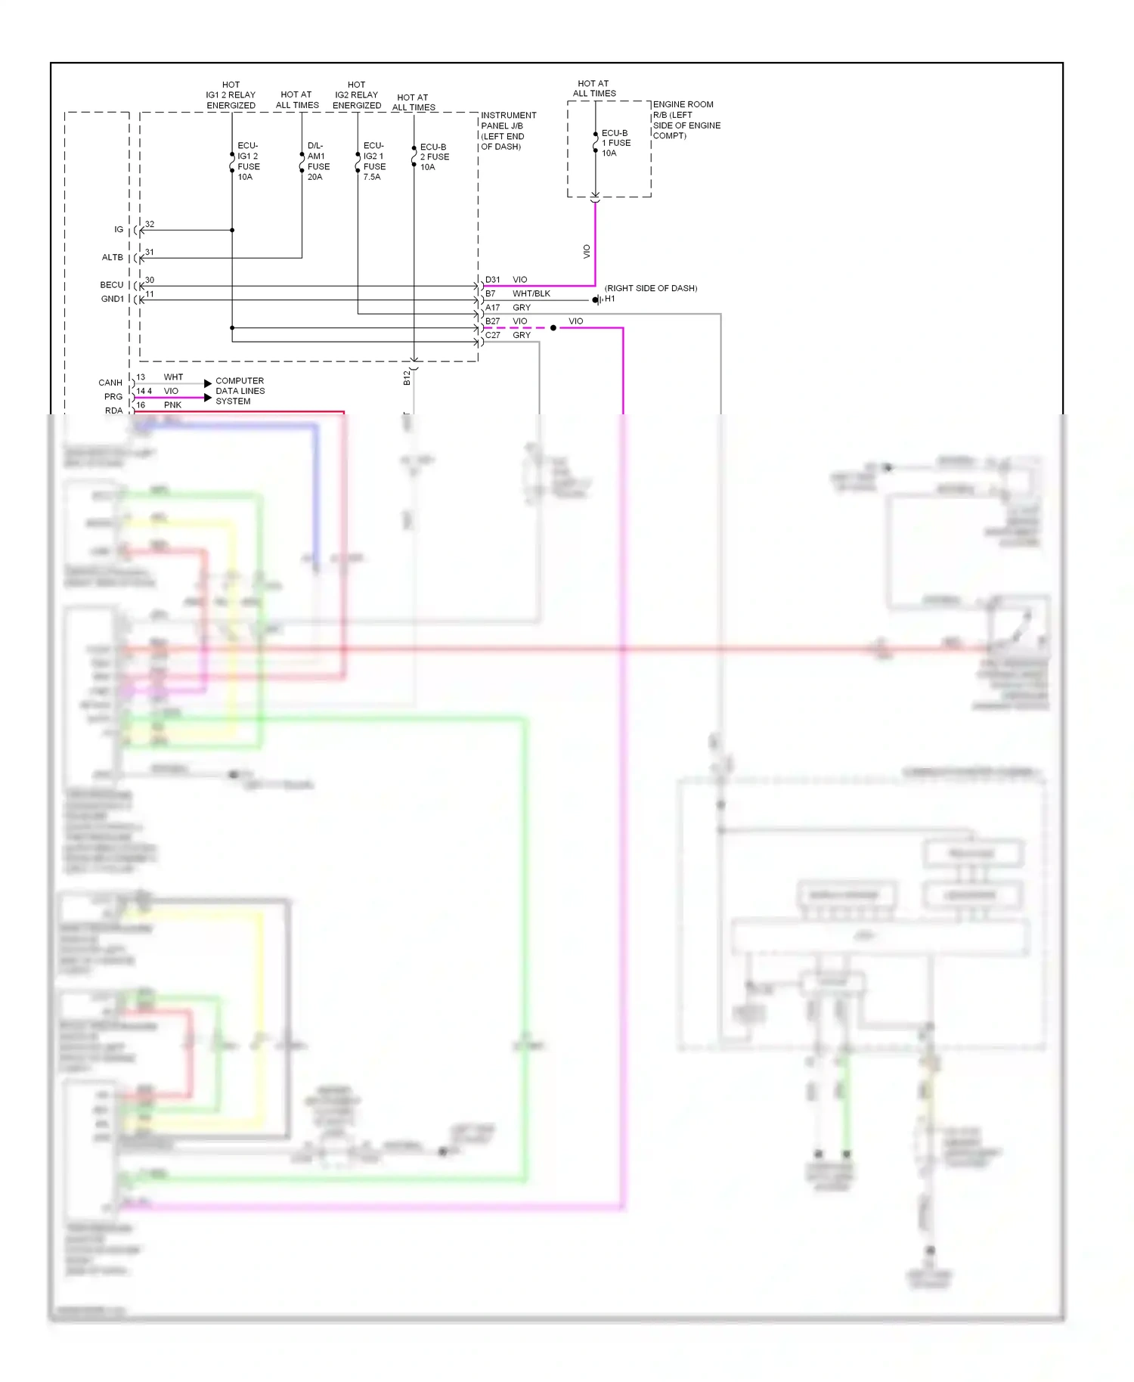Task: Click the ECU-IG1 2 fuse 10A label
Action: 248,161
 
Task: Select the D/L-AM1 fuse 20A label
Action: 318,161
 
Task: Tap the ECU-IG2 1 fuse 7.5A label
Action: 373,161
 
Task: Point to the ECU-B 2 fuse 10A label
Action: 434,156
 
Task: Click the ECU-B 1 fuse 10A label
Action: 615,143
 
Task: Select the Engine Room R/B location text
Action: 686,120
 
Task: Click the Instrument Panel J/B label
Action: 507,131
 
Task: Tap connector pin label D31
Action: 492,280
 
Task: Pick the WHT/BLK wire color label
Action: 531,293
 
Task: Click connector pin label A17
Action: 492,308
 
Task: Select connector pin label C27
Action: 492,335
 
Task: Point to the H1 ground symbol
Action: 597,299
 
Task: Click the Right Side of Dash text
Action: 650,288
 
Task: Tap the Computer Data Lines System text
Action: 240,391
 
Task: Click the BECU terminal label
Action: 111,285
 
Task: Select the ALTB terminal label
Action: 112,257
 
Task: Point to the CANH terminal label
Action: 110,383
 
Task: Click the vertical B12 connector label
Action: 407,377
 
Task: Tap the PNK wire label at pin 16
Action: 172,405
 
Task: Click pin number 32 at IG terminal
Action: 150,225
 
